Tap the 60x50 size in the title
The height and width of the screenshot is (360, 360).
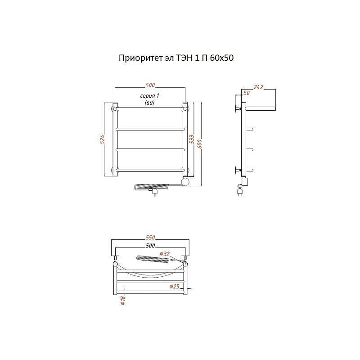click(221, 58)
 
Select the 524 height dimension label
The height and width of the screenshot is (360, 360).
click(102, 139)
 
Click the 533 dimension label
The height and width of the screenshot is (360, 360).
click(192, 139)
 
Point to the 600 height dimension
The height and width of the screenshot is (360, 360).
click(199, 144)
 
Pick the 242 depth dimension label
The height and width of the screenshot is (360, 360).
click(258, 87)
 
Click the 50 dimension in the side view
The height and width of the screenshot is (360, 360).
click(247, 93)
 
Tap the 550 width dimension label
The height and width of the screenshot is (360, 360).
click(150, 237)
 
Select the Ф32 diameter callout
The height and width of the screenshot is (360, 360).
click(165, 254)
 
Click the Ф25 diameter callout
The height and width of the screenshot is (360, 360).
click(174, 286)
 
